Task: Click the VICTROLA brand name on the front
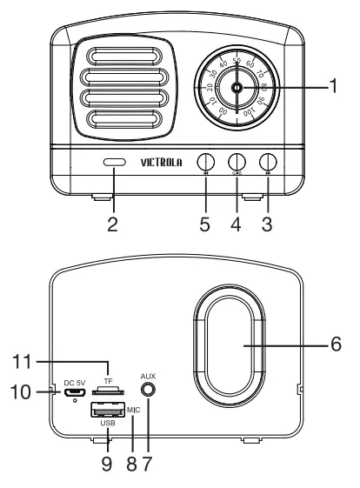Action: pos(159,162)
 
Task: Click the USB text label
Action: pos(106,424)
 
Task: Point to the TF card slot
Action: pos(106,391)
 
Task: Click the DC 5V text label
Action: pos(76,382)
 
